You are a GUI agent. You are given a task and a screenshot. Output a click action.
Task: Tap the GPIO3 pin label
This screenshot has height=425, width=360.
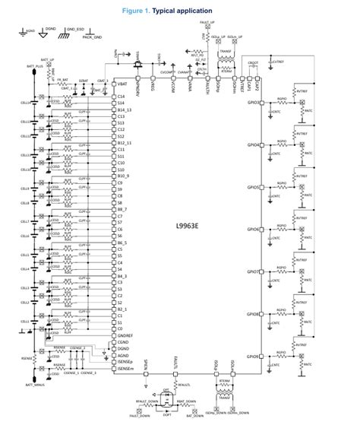[x=253, y=102]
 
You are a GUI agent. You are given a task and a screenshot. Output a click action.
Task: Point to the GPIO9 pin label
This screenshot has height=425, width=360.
[x=253, y=355]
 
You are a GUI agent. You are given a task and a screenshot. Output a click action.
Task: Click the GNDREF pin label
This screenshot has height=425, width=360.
[x=126, y=335]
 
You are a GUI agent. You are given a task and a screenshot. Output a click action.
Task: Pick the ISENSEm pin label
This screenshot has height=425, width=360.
[x=127, y=369]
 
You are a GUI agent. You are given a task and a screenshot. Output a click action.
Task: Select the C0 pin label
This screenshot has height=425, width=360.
[x=120, y=328]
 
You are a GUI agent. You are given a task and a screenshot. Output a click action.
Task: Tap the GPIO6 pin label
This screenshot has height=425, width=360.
[x=253, y=229]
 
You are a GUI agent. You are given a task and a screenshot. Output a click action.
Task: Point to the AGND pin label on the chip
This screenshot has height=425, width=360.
[x=123, y=355]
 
